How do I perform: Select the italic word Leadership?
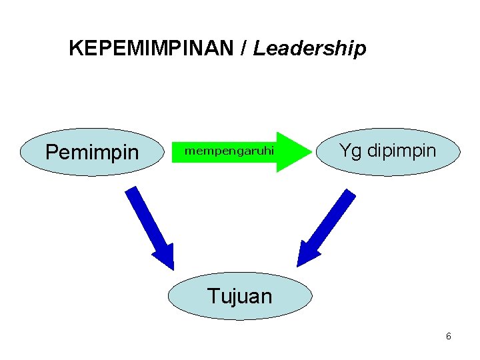[309, 49]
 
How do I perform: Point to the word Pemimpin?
[92, 153]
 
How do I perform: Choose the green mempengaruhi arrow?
[240, 151]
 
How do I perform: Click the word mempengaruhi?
[229, 151]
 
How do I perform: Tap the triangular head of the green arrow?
[293, 151]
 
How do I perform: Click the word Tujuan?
[240, 295]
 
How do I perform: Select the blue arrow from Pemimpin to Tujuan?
[149, 223]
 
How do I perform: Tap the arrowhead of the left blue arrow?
[165, 257]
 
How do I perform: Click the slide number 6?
[449, 336]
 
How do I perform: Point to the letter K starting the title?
[75, 49]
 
